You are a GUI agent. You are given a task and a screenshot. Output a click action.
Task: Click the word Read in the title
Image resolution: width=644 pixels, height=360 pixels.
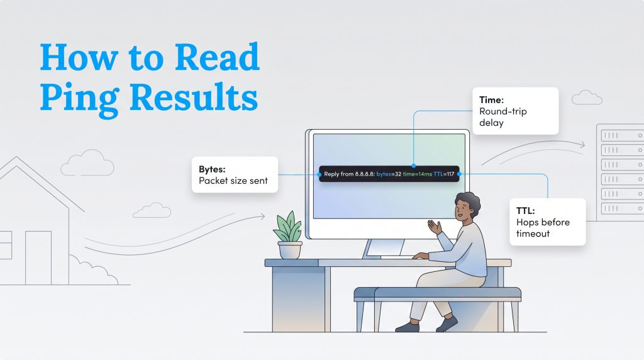pos(217,57)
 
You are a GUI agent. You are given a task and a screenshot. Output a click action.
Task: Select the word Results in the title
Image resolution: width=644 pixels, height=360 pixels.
pos(194,96)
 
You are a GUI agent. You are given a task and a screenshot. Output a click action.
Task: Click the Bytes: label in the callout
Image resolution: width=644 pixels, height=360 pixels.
pos(212,169)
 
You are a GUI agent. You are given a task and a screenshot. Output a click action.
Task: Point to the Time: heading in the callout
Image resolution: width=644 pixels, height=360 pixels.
pos(491,100)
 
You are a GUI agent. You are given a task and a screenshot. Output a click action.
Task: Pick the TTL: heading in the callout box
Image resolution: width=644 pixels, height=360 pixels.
pos(525,211)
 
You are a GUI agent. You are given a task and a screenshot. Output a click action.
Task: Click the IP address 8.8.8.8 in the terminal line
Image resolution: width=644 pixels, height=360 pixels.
pos(364,174)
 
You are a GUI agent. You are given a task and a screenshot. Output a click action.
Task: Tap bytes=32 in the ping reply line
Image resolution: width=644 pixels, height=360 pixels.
pos(389,174)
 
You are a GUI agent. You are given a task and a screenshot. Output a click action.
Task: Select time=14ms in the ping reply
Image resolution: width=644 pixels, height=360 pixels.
pos(418,174)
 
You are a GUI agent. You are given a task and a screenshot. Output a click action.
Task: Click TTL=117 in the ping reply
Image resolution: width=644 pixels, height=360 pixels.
pos(444,174)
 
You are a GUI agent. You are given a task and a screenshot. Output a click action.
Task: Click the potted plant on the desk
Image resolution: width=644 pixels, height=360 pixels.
pos(289,235)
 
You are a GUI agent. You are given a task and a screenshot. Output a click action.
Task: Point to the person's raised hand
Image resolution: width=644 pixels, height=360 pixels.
pos(435,227)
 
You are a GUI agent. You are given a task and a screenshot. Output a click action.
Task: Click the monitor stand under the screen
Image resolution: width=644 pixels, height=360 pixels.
pos(384,249)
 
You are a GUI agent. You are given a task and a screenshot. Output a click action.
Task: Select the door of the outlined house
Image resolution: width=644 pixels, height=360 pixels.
pos(38,257)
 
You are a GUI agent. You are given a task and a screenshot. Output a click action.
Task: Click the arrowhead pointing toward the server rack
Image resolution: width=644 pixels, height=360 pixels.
pos(582,144)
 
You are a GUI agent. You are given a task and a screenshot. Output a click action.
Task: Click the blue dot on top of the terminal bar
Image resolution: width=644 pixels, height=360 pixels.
pos(414,166)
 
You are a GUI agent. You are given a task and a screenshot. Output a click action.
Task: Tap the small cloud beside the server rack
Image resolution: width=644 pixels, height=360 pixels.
pos(587,98)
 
